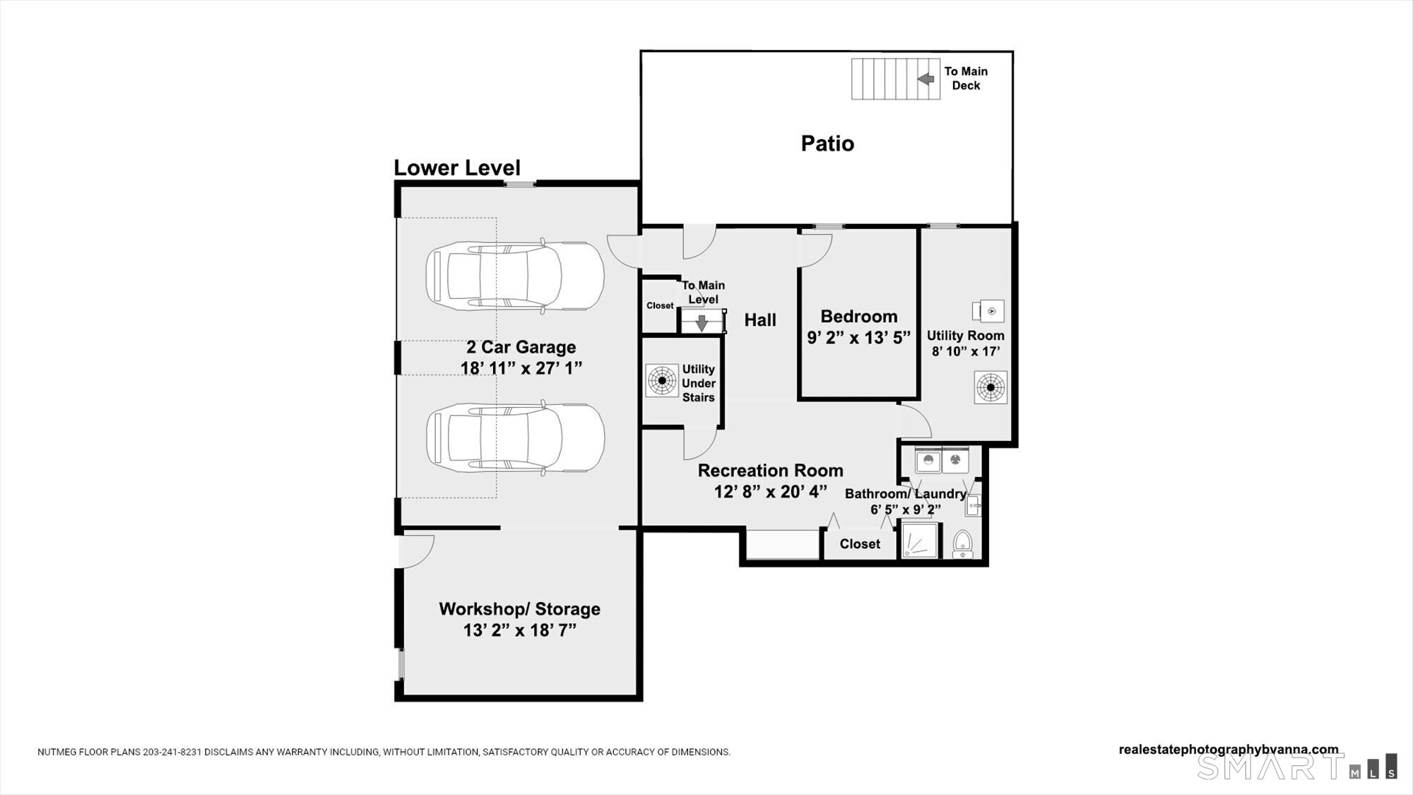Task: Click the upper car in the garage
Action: coord(515,276)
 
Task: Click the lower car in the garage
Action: coord(515,437)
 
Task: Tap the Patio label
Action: coord(827,143)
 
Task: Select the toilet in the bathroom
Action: coord(962,545)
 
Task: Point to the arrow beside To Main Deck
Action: coord(926,79)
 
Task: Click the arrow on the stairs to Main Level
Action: coord(702,322)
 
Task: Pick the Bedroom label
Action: coord(859,317)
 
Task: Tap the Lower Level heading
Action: coord(457,167)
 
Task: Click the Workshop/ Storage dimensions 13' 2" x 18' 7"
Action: coord(520,630)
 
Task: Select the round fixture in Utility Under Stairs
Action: coord(662,380)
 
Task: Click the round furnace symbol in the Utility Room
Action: coord(991,387)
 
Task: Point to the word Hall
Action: coord(760,320)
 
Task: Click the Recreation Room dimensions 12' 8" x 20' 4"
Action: coord(771,491)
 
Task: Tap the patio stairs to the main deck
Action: coord(896,78)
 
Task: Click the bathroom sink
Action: coord(973,505)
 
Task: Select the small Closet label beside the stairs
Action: coord(660,305)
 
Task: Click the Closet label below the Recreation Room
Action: coord(860,543)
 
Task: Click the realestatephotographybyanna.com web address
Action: coord(1229,750)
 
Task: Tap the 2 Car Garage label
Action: coord(521,347)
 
